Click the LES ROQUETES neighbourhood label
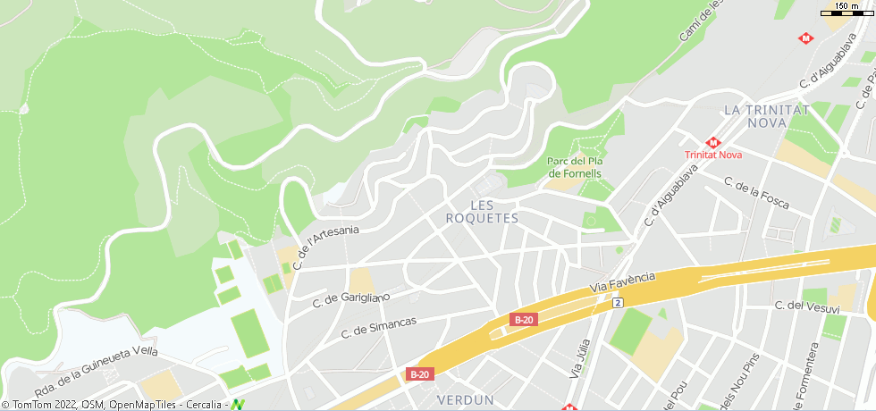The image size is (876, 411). point(481,212)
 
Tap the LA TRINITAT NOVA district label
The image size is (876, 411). point(766,115)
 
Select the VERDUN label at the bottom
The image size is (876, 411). point(466,398)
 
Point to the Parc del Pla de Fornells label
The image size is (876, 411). point(575,167)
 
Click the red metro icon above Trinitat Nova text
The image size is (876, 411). point(713,142)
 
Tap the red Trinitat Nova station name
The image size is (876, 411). point(713,155)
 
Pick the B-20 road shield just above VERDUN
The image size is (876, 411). point(419,374)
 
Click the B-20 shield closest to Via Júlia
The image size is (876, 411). point(523,319)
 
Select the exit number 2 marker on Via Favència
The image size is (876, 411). point(617,304)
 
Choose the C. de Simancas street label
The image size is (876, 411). point(379,328)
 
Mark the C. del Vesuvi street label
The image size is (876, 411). point(807,307)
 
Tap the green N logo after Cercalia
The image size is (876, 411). point(238,405)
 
